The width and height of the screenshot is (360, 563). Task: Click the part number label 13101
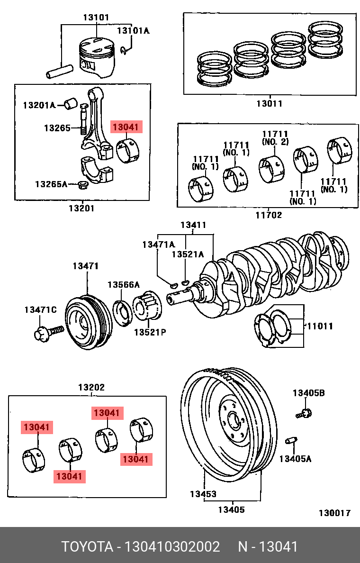point(96,18)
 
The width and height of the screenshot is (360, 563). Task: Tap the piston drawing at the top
point(97,57)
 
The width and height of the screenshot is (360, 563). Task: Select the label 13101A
point(133,31)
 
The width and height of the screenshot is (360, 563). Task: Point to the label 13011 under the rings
point(269,103)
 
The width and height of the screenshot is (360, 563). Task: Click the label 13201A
point(39,105)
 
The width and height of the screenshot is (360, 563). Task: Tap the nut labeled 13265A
point(82,184)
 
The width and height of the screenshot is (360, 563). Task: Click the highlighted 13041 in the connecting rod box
point(126,127)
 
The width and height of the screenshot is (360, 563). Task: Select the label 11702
point(269,215)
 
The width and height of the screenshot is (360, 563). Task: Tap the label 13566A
point(124,284)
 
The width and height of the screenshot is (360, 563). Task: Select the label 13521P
point(149,332)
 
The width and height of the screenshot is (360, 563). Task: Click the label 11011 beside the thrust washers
point(320,326)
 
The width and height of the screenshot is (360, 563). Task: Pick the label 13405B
point(308,392)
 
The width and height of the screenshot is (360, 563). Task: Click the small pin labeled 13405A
point(291,441)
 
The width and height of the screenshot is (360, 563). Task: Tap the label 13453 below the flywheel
point(203,494)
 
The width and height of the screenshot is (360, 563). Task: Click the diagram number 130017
point(334,513)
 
